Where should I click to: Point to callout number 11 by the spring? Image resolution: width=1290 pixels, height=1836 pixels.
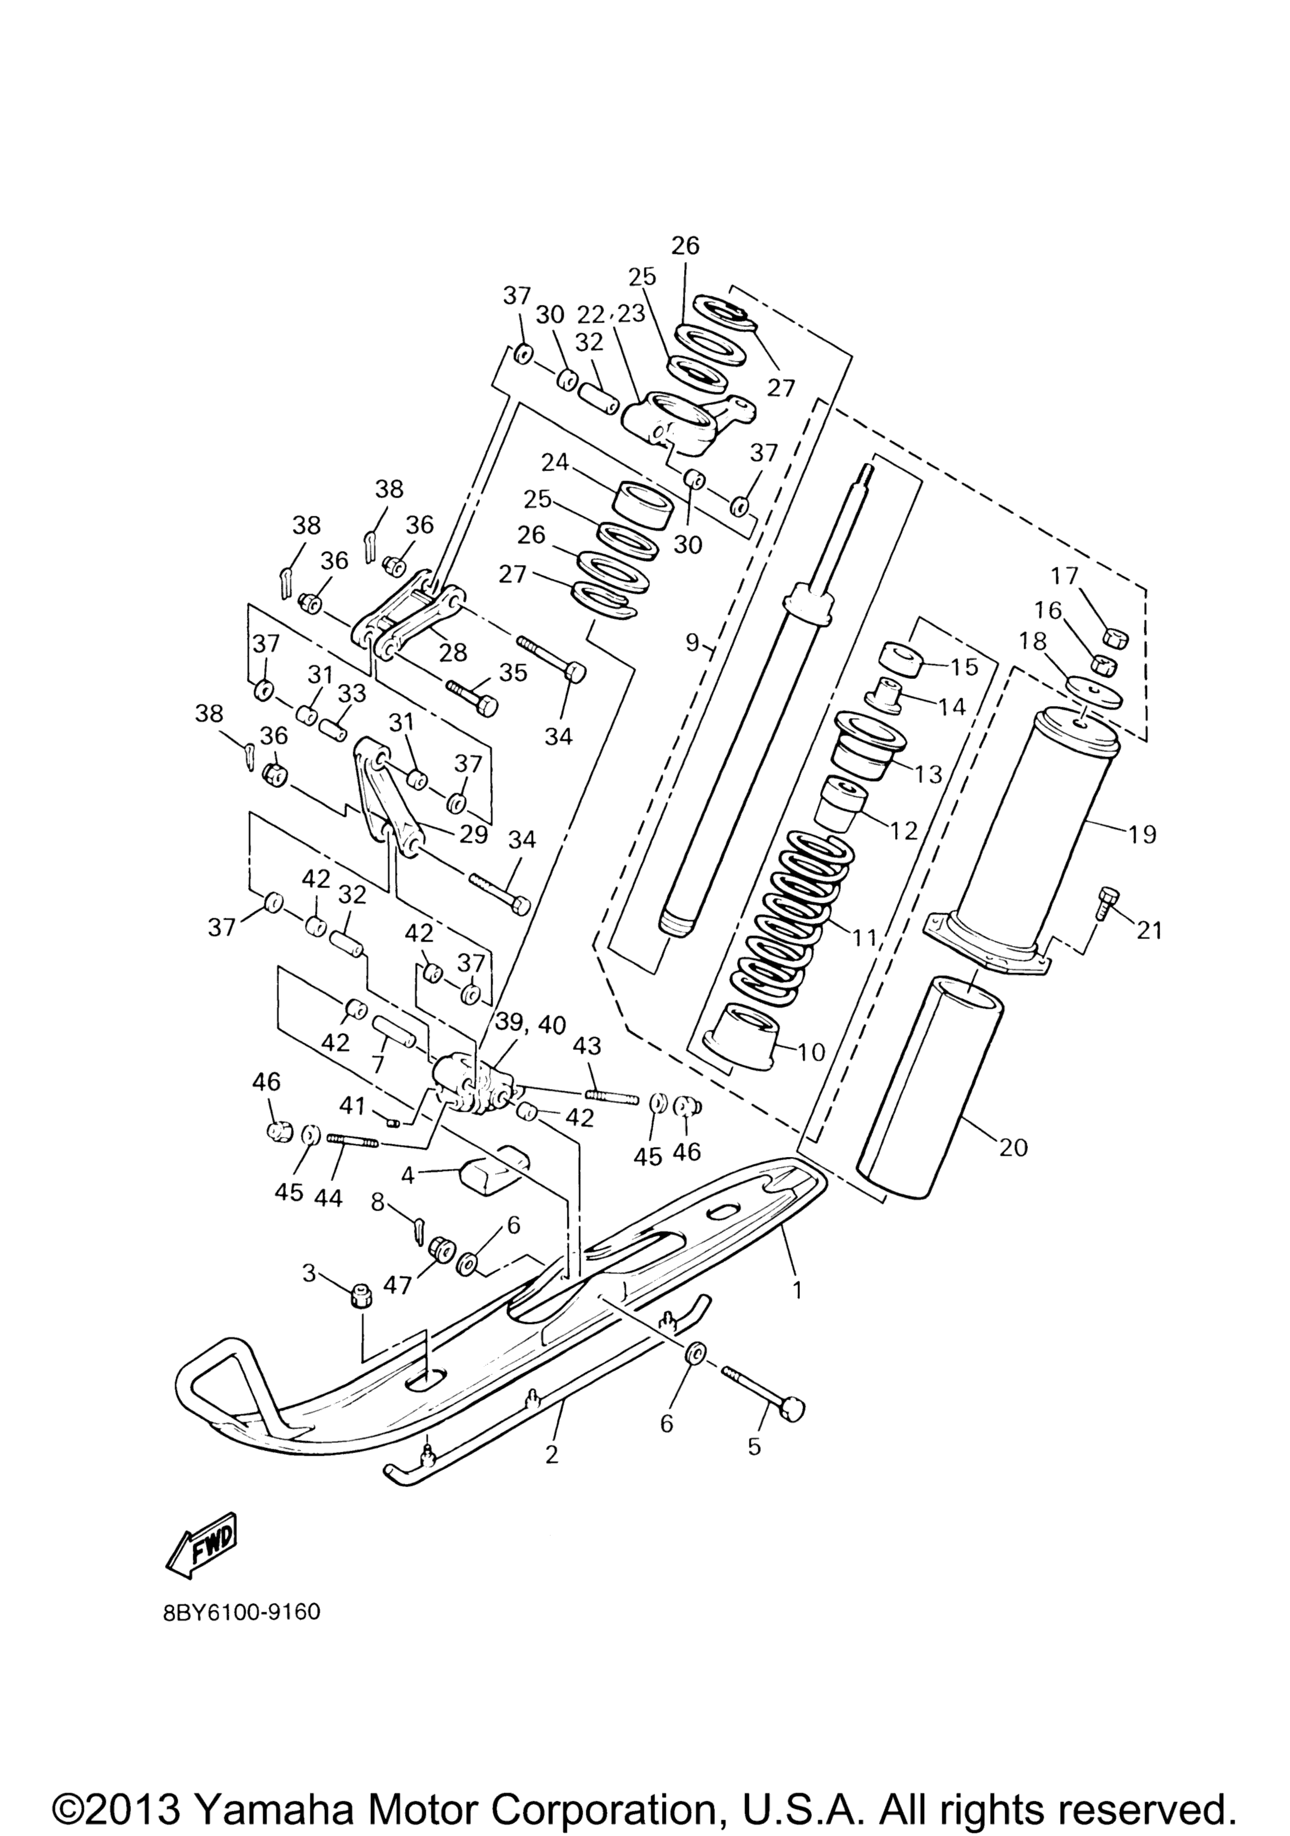point(865,937)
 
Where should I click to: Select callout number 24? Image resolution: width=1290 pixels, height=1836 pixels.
point(557,462)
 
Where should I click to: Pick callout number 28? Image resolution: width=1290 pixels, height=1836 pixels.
point(453,653)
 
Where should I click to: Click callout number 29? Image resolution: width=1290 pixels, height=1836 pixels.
point(474,834)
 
